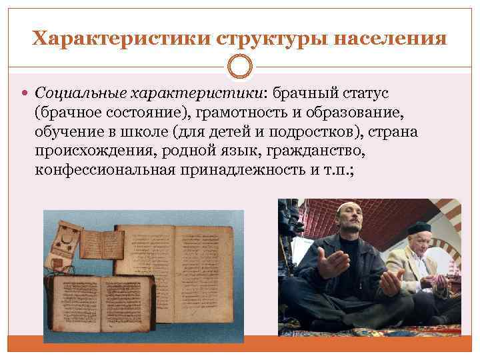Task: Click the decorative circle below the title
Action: (x=240, y=67)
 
